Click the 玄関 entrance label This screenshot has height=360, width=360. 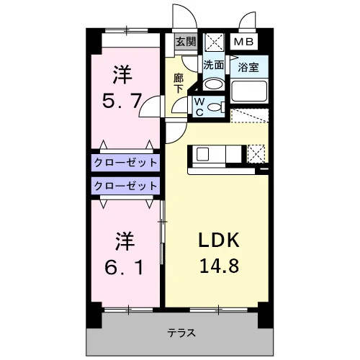tap(186, 42)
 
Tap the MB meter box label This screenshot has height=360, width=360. tap(243, 42)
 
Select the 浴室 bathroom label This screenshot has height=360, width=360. tap(248, 67)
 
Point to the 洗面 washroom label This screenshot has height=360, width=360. tap(213, 65)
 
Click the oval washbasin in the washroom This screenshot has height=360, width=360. tap(213, 84)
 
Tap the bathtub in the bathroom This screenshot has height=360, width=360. tap(249, 91)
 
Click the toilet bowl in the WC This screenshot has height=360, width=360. tap(215, 107)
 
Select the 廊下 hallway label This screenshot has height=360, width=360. tap(179, 84)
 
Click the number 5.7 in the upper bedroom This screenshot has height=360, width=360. tap(122, 101)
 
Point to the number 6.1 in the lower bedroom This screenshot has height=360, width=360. tap(124, 267)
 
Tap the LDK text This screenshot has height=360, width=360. tap(219, 240)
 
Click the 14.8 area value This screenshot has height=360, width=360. tap(220, 266)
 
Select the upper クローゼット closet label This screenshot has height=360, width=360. tap(125, 163)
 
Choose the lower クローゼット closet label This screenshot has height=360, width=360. tap(125, 186)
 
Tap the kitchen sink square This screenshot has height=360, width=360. tap(202, 154)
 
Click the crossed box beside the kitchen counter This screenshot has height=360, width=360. tap(256, 153)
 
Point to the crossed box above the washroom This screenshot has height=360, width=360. tap(214, 42)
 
